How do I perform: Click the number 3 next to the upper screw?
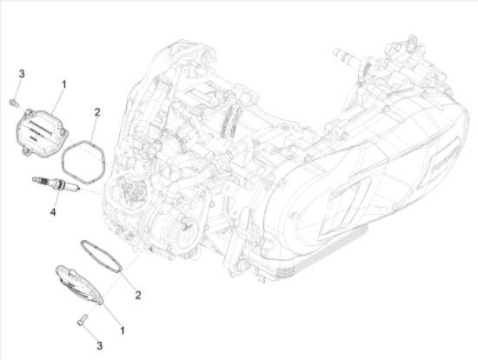23,71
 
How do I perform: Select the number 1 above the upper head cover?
63,84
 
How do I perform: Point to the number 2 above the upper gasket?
97,111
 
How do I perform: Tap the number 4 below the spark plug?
52,211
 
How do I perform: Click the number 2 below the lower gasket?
137,296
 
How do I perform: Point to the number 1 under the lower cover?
122,330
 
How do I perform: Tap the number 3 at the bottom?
99,345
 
